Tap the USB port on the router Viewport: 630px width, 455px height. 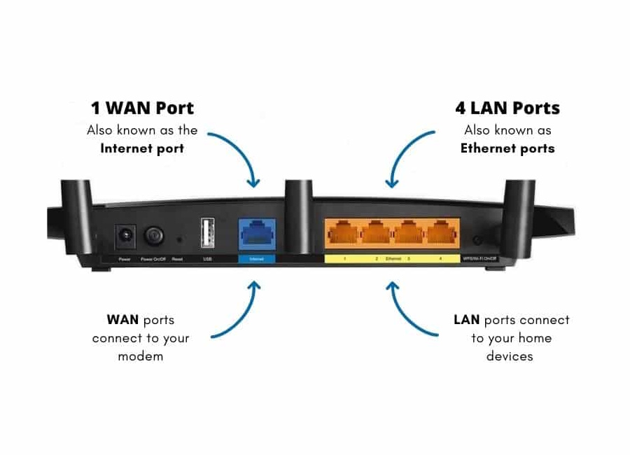pyautogui.click(x=207, y=233)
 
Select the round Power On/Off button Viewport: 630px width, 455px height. pyautogui.click(x=154, y=236)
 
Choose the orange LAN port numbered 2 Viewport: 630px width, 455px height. pyautogui.click(x=375, y=232)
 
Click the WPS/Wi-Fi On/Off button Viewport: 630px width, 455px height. pyautogui.click(x=477, y=240)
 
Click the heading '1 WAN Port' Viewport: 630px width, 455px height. pyautogui.click(x=142, y=108)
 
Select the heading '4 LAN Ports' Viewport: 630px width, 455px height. pyautogui.click(x=507, y=108)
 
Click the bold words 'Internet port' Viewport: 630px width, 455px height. pyautogui.click(x=142, y=148)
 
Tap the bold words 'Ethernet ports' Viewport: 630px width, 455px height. pyautogui.click(x=507, y=148)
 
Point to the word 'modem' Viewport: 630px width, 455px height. pyautogui.click(x=140, y=356)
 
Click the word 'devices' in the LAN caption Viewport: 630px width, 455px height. pyautogui.click(x=510, y=356)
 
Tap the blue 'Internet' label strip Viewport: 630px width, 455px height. pyautogui.click(x=256, y=259)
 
